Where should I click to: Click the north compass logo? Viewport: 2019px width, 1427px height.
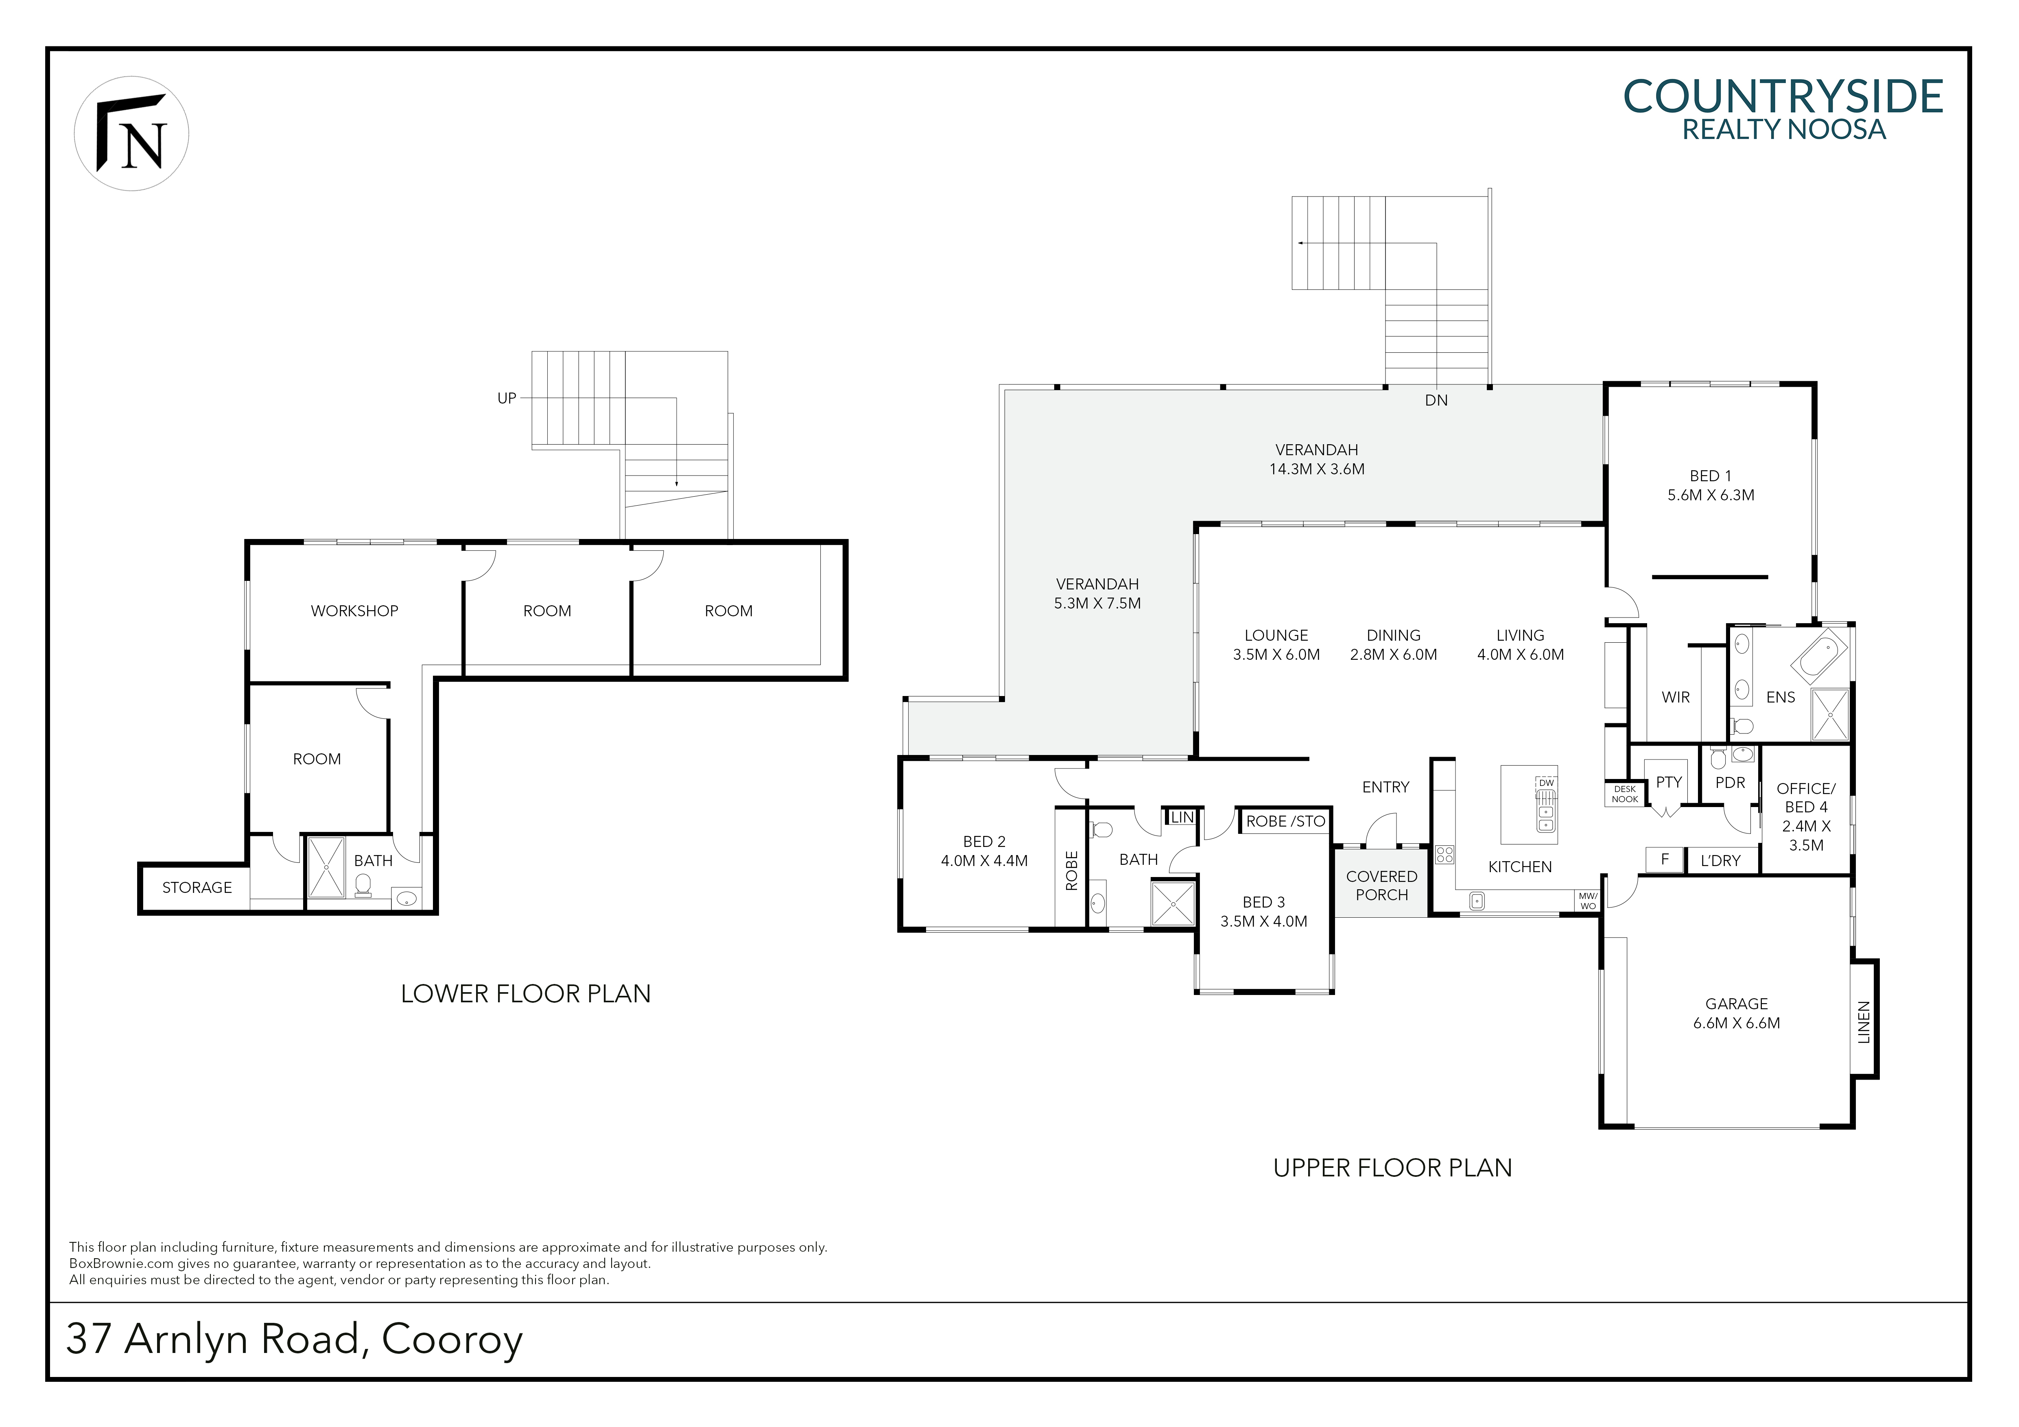pos(131,134)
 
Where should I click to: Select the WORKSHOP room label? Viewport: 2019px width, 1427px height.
pos(354,611)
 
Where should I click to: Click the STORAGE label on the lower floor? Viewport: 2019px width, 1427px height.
pos(197,887)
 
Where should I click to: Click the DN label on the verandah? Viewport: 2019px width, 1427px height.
pos(1436,400)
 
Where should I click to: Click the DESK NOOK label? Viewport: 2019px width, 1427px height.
pos(1625,794)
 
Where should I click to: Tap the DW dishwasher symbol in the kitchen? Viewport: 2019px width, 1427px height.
pos(1546,783)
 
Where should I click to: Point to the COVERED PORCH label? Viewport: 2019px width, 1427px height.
pos(1381,886)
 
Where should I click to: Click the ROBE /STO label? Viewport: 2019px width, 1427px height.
pos(1286,821)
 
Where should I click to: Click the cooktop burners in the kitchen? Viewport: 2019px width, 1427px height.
pos(1444,854)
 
